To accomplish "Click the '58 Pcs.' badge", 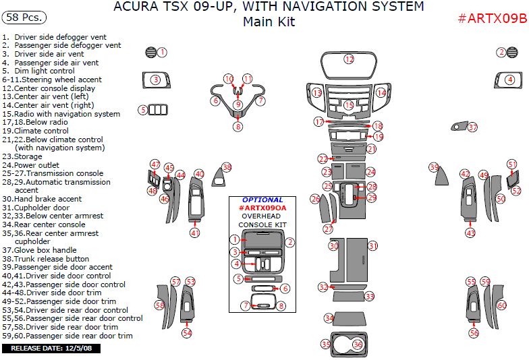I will tap(22, 16).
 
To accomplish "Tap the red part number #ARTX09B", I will tap(492, 18).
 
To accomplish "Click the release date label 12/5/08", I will tap(51, 349).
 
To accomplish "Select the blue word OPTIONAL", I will tap(262, 200).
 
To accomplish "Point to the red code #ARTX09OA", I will tap(262, 208).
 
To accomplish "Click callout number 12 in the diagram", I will tap(349, 59).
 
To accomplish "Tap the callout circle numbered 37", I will tap(472, 127).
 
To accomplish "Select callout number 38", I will tap(227, 167).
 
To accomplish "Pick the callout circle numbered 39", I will tap(434, 167).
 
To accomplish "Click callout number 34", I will tap(329, 318).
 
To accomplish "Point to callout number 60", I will tap(501, 305).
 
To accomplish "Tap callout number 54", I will tap(187, 332).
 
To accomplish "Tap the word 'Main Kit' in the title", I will tap(269, 22).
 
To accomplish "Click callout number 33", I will tap(370, 297).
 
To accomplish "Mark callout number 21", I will tap(371, 148).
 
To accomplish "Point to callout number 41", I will tap(195, 233).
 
